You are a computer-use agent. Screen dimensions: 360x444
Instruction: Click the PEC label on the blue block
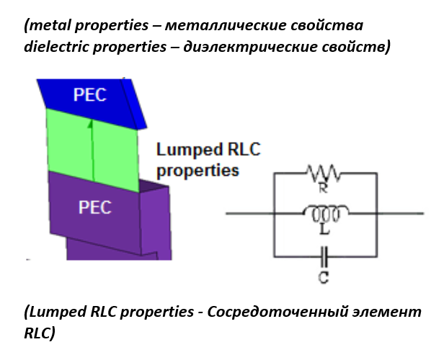90,94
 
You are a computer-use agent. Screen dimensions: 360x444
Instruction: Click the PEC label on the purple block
95,207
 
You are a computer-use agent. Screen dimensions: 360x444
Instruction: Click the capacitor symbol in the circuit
324,255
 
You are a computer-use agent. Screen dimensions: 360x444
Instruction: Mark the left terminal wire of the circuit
249,213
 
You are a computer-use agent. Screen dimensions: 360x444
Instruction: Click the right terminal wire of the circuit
399,213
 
